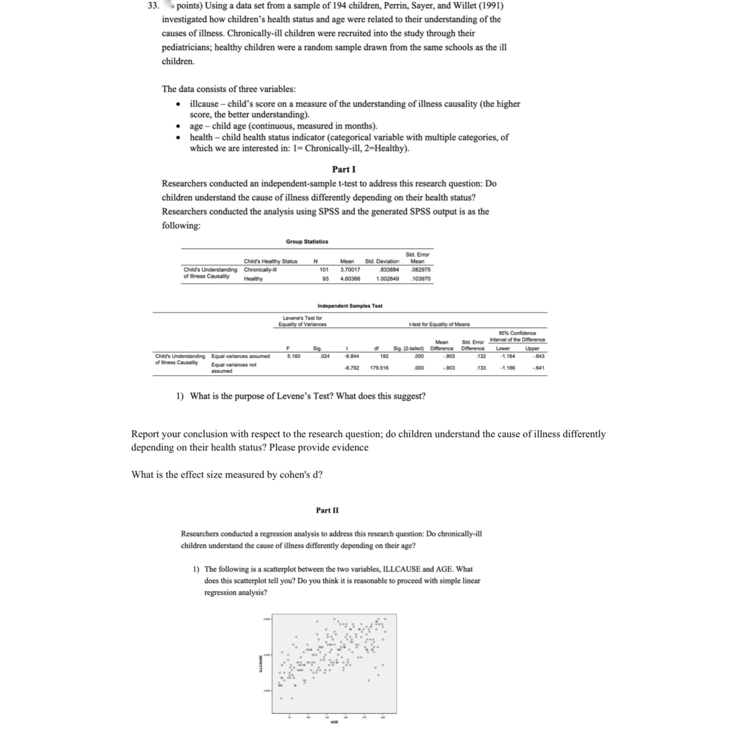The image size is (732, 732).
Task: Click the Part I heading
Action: pyautogui.click(x=343, y=169)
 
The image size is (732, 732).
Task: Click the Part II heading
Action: pyautogui.click(x=327, y=510)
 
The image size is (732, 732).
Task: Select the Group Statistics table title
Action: pyautogui.click(x=307, y=241)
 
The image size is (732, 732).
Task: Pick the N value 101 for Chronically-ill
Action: pyautogui.click(x=323, y=270)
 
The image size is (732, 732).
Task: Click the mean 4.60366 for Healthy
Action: pyautogui.click(x=350, y=278)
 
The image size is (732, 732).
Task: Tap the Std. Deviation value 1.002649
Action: pyautogui.click(x=387, y=278)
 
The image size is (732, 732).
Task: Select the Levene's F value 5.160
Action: pyautogui.click(x=294, y=356)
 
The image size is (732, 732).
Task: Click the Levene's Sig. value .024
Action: pyautogui.click(x=325, y=356)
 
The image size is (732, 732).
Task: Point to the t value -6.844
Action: pyautogui.click(x=352, y=356)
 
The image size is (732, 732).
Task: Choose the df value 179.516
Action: pyautogui.click(x=379, y=368)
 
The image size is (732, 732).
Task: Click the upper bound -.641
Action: pyautogui.click(x=538, y=368)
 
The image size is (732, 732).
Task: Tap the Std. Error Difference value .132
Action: pyautogui.click(x=481, y=356)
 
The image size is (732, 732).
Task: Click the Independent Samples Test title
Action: pyautogui.click(x=350, y=306)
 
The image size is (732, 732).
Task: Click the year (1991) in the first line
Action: pyautogui.click(x=491, y=6)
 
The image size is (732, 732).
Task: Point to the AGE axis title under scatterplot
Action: pyautogui.click(x=334, y=722)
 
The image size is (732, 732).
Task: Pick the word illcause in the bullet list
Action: pyautogui.click(x=204, y=104)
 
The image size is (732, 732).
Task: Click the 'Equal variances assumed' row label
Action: pyautogui.click(x=241, y=356)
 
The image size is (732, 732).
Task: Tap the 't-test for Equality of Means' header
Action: pyautogui.click(x=439, y=324)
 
